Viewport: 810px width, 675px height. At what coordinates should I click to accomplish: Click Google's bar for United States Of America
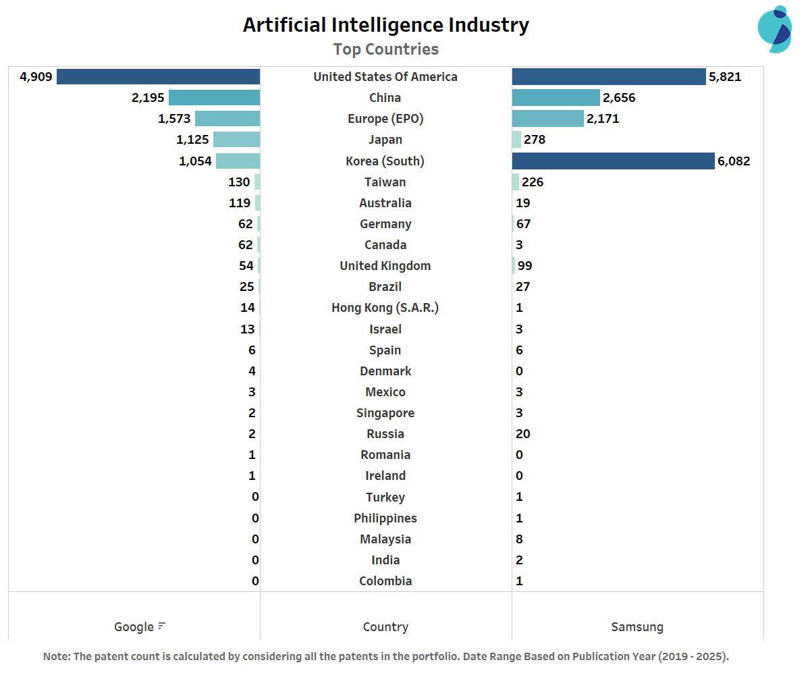(158, 76)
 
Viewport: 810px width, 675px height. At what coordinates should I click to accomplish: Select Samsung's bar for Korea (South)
(613, 161)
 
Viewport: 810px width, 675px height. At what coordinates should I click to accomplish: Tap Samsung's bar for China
(556, 98)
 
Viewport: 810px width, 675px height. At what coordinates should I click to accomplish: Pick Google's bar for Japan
(236, 140)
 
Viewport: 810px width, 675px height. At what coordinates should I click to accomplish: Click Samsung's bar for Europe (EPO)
(547, 119)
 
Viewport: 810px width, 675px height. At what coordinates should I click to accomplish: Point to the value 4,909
(36, 76)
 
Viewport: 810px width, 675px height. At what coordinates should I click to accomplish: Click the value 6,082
(734, 161)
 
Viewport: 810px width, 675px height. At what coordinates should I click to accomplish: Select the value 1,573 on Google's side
(174, 119)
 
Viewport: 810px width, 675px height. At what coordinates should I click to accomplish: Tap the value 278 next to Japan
(534, 140)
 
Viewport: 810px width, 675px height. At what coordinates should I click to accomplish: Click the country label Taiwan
(385, 182)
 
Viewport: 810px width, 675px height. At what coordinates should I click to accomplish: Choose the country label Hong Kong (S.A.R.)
(385, 308)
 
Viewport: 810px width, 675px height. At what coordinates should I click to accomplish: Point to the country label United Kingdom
(385, 266)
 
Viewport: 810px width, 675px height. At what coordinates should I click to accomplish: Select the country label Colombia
(385, 581)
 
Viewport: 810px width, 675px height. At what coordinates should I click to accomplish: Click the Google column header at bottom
(134, 627)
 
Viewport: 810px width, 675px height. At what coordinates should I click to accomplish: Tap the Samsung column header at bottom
(637, 627)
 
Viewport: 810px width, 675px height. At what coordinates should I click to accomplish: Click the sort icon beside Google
(161, 626)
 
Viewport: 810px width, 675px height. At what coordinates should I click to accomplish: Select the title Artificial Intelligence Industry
(386, 25)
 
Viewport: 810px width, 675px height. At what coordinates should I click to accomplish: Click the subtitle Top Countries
(386, 49)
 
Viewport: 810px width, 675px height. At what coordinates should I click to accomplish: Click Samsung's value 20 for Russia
(523, 434)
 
